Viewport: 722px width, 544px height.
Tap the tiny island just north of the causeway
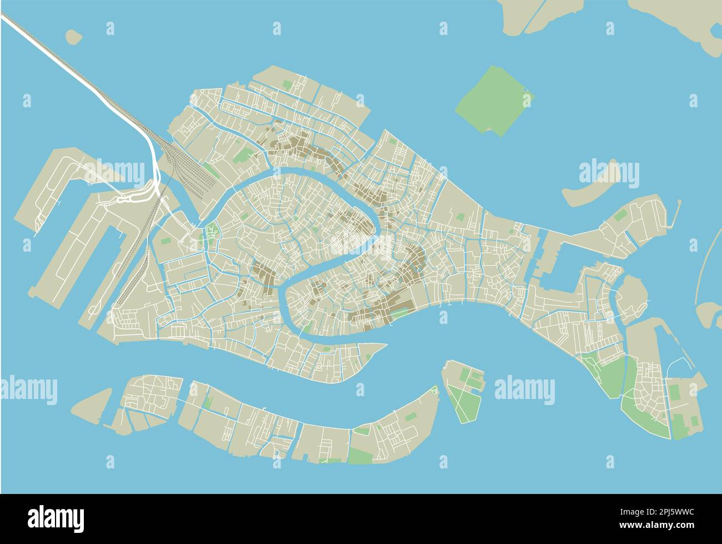pyautogui.click(x=73, y=37)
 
